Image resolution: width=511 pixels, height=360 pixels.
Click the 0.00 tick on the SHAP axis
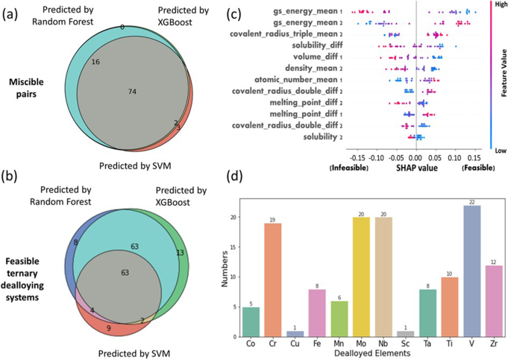[x=416, y=158]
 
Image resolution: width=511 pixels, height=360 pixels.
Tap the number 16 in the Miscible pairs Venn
[x=95, y=63]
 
